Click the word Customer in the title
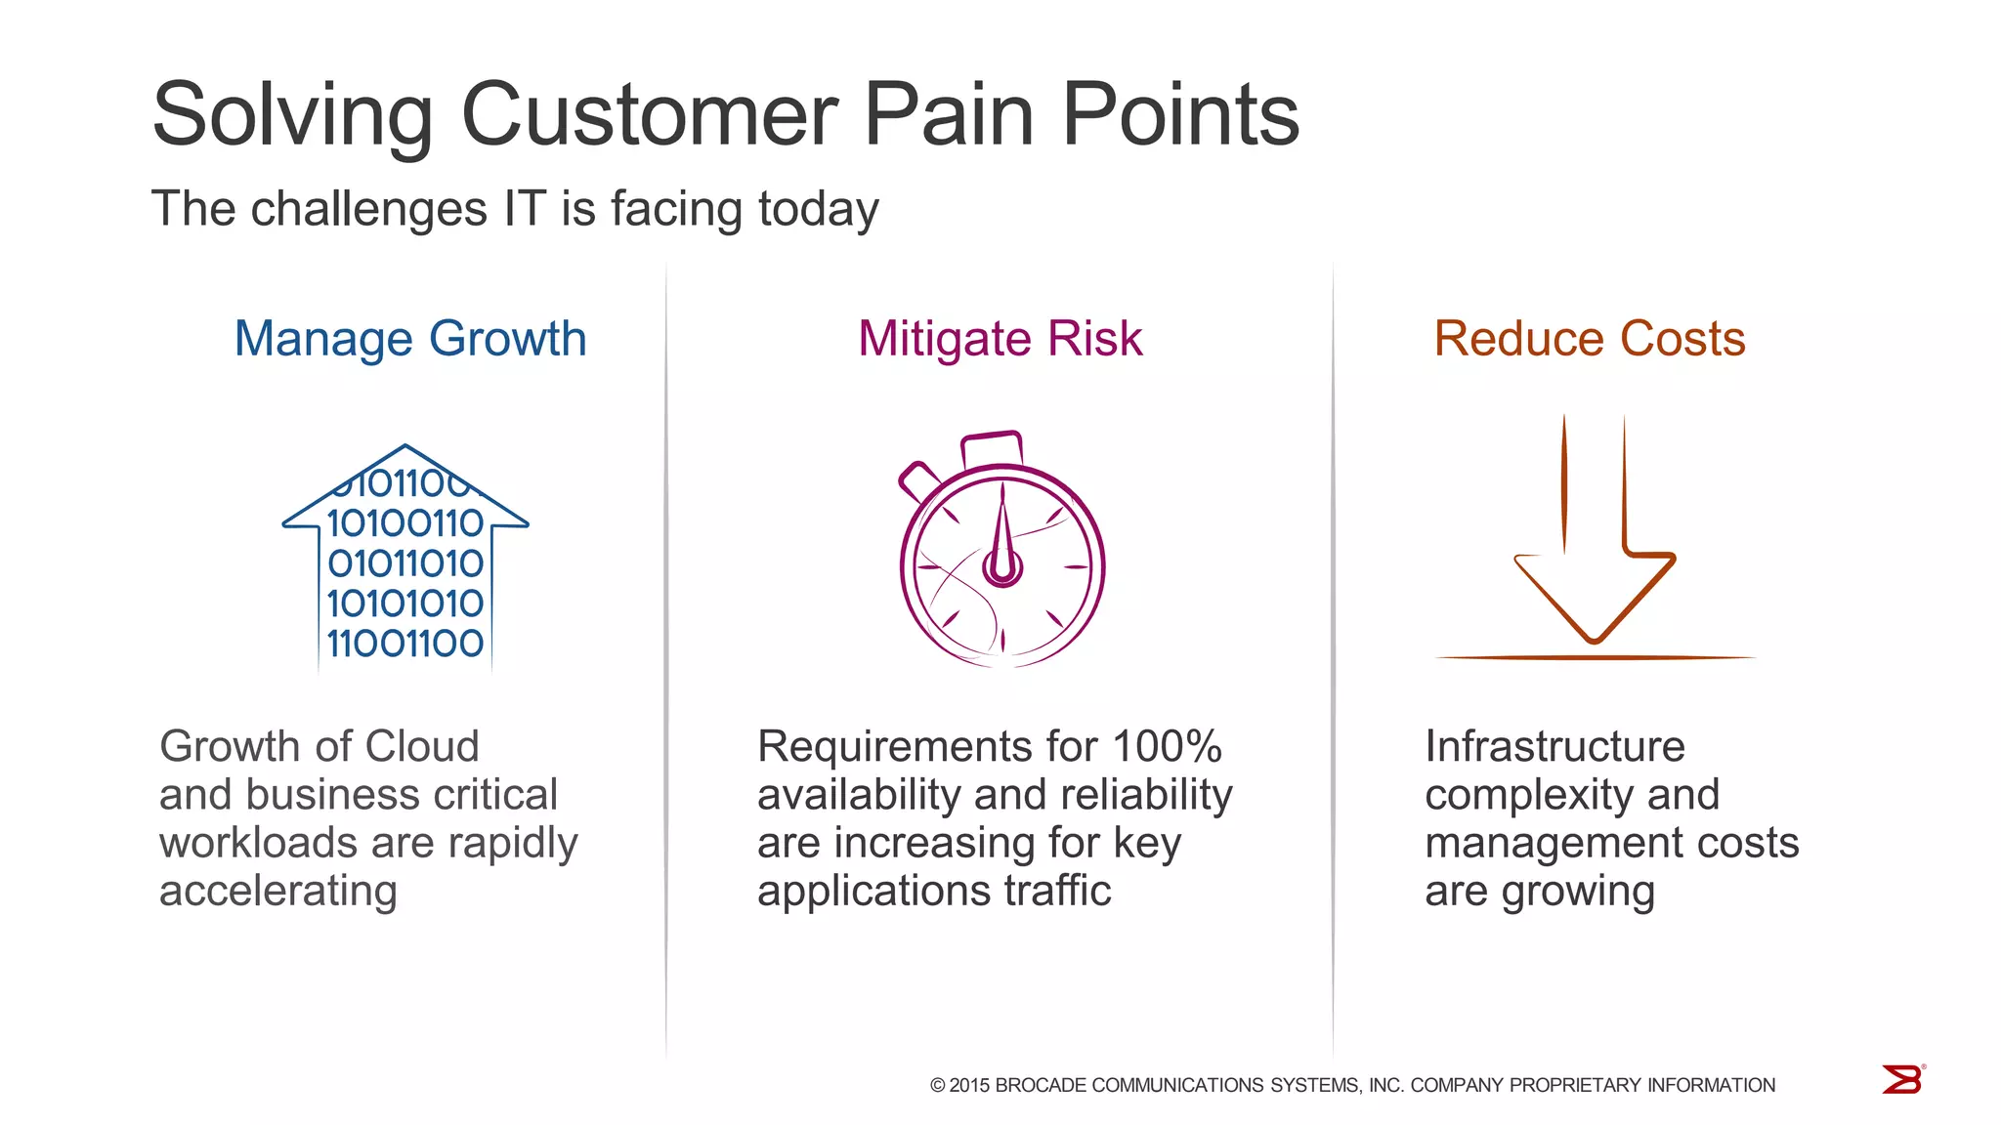[649, 115]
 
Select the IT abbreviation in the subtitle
[524, 209]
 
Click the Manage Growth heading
[410, 339]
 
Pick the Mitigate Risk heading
[1000, 339]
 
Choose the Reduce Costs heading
[1590, 339]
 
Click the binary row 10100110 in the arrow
[405, 523]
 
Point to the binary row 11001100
[405, 644]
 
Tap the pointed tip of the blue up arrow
[405, 448]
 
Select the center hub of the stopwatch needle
[1002, 567]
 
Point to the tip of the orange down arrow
[1595, 639]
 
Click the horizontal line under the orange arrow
[1595, 658]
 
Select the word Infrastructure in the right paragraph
[1554, 747]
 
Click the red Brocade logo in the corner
[1902, 1080]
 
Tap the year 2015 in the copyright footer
[969, 1085]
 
